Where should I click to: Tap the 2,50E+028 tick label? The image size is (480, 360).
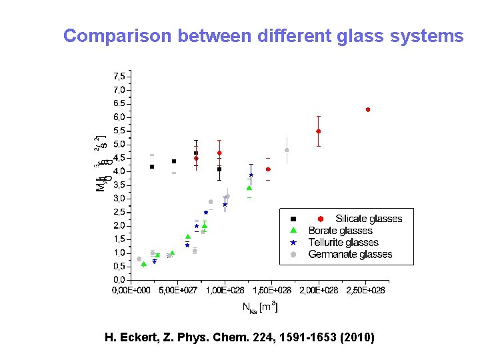click(x=367, y=290)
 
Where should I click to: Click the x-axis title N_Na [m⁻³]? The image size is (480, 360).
click(x=259, y=307)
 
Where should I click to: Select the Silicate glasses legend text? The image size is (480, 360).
click(x=369, y=219)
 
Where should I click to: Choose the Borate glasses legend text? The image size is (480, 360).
click(x=340, y=231)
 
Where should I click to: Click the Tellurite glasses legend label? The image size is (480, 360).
click(x=343, y=243)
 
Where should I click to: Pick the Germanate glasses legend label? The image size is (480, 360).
click(x=350, y=255)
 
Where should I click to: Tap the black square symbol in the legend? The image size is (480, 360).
click(x=293, y=219)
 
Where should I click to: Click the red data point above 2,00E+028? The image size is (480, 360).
click(x=319, y=131)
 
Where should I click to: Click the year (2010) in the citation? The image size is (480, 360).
click(x=357, y=338)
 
